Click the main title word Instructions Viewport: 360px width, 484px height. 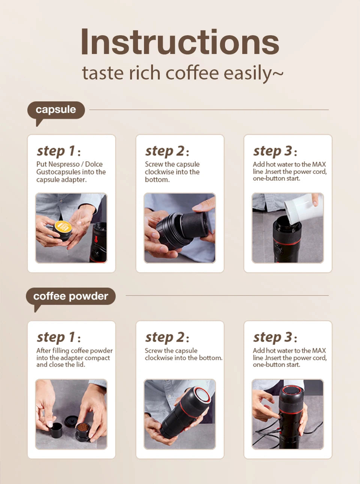[180, 42]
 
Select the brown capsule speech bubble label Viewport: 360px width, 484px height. [56, 110]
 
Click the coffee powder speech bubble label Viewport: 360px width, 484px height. [70, 296]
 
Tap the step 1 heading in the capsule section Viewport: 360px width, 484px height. [58, 151]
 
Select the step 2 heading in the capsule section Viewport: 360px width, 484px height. [167, 151]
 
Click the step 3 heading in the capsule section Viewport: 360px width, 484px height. [275, 151]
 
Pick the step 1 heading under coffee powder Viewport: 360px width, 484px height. [58, 337]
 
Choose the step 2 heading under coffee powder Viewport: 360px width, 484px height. [167, 337]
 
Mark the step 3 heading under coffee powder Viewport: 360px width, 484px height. [275, 337]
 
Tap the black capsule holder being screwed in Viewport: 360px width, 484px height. [195, 225]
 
